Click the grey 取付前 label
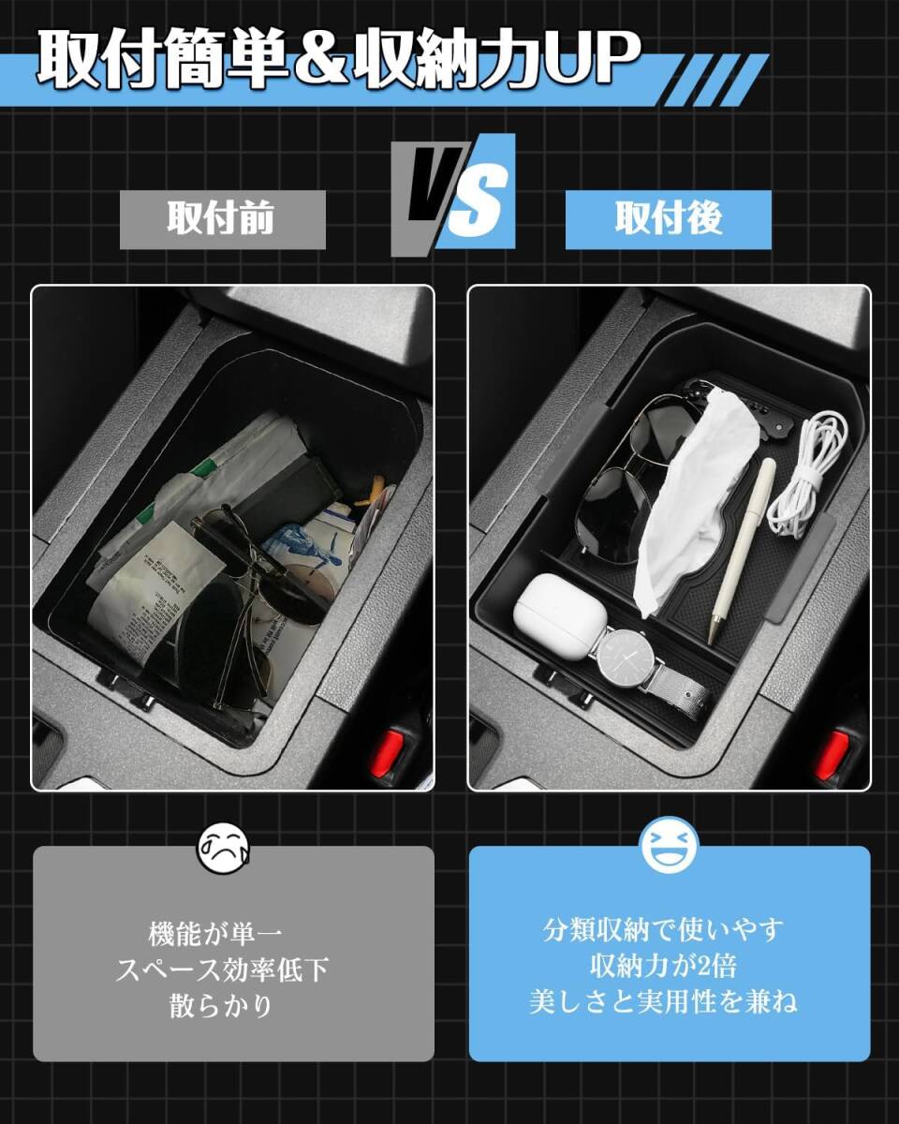[222, 220]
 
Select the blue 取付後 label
[668, 220]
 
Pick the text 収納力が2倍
[669, 965]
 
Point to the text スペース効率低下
[222, 969]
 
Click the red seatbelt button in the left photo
[387, 755]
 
